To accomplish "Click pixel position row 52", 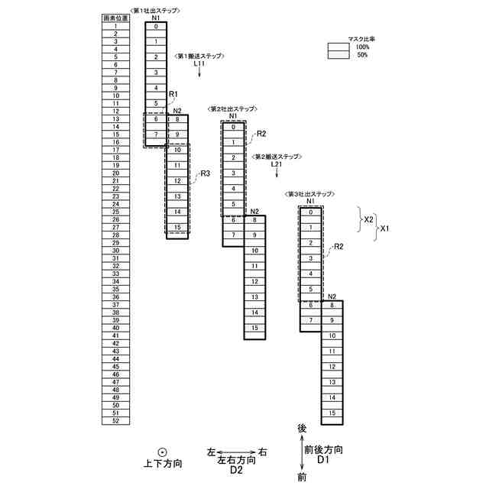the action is tap(115, 420).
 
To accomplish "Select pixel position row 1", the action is tap(115, 26).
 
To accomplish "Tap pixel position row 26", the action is tap(115, 219).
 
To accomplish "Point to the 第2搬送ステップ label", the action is tap(277, 157).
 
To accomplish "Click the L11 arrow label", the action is tap(199, 64).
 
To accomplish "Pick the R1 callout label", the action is tap(173, 94).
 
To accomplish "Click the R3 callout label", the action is tap(205, 174).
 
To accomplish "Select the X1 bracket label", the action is tap(385, 228).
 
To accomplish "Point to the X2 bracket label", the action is tap(368, 219).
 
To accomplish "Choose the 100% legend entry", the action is tap(362, 47).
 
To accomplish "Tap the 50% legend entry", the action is tap(362, 55).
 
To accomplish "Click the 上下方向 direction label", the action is tap(163, 464).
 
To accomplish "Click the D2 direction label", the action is tap(236, 470).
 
